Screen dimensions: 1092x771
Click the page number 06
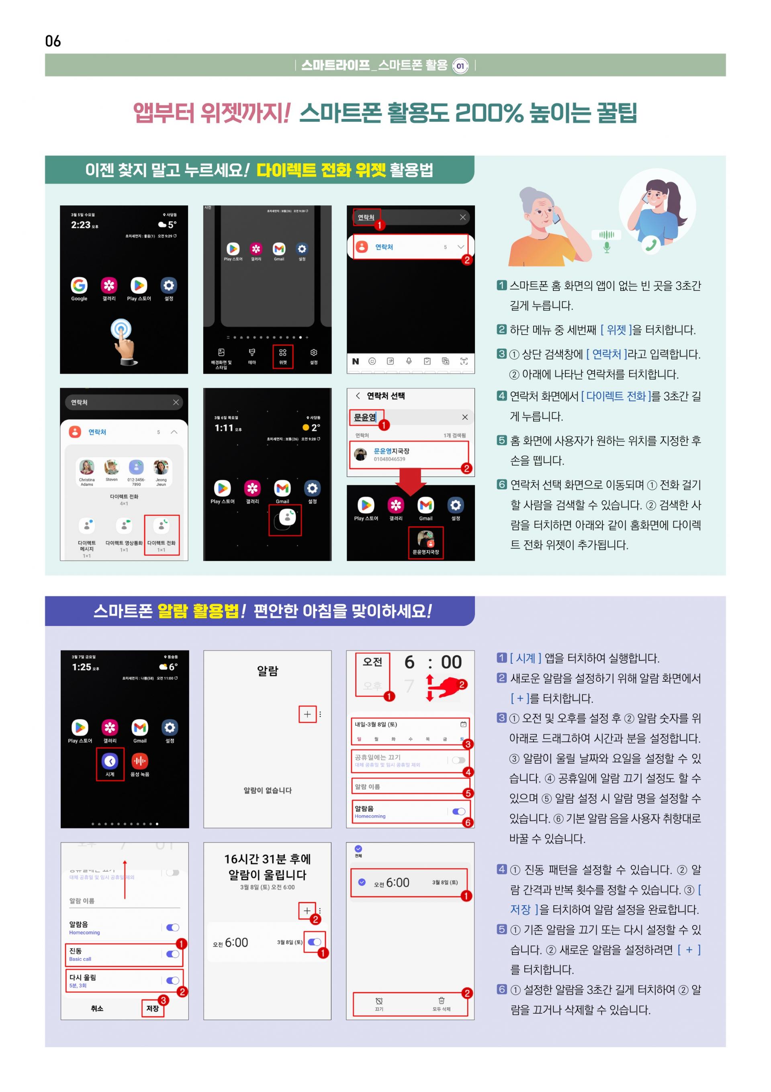click(x=53, y=41)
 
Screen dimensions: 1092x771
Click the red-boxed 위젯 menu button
click(x=282, y=356)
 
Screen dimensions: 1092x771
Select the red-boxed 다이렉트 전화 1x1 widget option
click(x=162, y=534)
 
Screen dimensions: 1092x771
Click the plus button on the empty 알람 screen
click(x=307, y=714)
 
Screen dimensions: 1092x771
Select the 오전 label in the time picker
click(x=372, y=662)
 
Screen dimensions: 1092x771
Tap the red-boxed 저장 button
click(x=153, y=1008)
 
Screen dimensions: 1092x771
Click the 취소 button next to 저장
click(x=97, y=1008)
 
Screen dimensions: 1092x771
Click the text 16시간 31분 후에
click(x=267, y=859)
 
